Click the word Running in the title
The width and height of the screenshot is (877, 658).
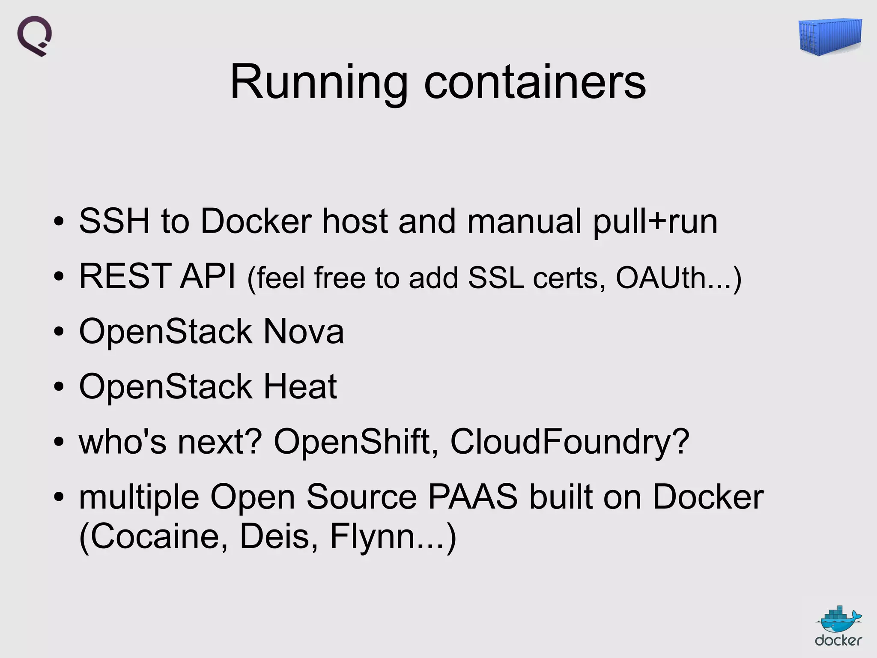pos(319,82)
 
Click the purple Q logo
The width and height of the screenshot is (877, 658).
pos(35,36)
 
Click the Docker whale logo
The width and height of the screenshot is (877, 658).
pos(838,627)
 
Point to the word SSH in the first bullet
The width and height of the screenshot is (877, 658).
pos(114,221)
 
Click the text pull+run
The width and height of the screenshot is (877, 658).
pos(655,222)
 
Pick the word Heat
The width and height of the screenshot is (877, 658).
pos(300,386)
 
